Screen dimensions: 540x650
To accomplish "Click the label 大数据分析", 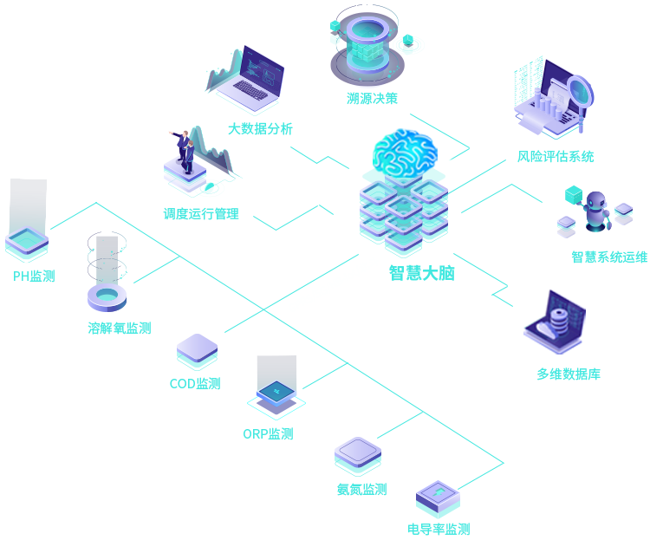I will (x=260, y=129).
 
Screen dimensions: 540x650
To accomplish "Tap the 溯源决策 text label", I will (x=372, y=99).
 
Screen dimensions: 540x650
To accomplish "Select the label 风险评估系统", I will (x=556, y=157).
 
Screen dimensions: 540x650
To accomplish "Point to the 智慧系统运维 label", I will (x=608, y=257).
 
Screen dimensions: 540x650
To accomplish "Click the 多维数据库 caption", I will (x=569, y=374).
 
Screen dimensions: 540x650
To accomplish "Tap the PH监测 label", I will (x=34, y=277).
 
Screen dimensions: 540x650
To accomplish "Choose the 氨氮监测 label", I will (x=361, y=490).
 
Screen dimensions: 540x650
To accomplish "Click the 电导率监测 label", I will (x=438, y=529).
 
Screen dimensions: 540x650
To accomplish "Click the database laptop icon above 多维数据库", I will (x=554, y=322).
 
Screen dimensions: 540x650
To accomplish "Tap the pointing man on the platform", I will (x=185, y=151).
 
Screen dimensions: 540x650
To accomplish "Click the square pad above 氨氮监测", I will (x=357, y=453).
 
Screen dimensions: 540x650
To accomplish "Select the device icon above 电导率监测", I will (x=437, y=498).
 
